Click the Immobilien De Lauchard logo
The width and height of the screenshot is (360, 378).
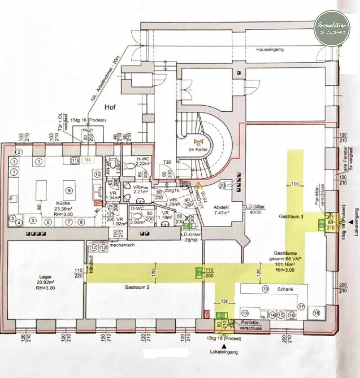[x=332, y=28]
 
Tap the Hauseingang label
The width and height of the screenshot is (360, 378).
[x=269, y=50]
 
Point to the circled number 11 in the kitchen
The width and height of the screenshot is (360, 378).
[x=74, y=160]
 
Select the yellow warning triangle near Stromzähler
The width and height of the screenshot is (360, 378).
[x=198, y=185]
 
